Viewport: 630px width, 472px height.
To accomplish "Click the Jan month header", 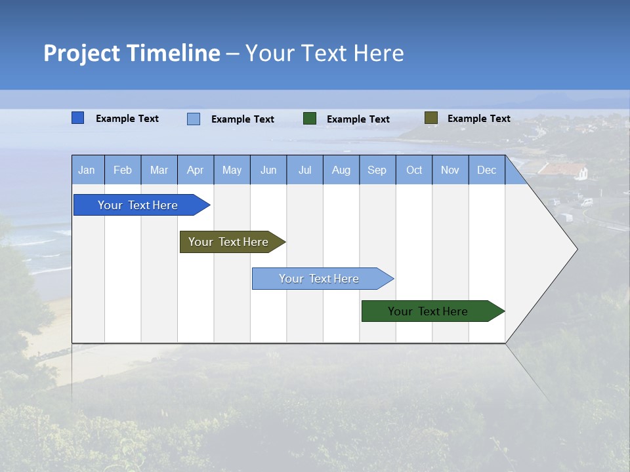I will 87,170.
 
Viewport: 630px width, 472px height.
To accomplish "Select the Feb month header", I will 123,170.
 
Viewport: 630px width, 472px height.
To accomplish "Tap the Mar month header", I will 159,170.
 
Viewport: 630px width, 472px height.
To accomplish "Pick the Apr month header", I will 196,170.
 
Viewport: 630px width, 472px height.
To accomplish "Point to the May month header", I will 232,170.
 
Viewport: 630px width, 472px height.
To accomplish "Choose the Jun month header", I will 268,170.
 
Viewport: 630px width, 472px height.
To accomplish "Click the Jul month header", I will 304,170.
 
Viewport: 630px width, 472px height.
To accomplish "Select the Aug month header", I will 341,170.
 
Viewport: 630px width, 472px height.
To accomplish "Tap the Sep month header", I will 377,170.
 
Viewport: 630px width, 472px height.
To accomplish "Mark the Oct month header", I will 414,170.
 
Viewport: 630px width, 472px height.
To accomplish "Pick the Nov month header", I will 450,170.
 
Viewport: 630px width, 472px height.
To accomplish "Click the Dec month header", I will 487,170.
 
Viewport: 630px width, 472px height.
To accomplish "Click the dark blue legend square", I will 78,118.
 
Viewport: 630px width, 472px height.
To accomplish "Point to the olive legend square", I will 430,118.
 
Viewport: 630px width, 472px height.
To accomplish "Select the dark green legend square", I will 310,118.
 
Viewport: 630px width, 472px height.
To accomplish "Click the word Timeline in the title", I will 173,53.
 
